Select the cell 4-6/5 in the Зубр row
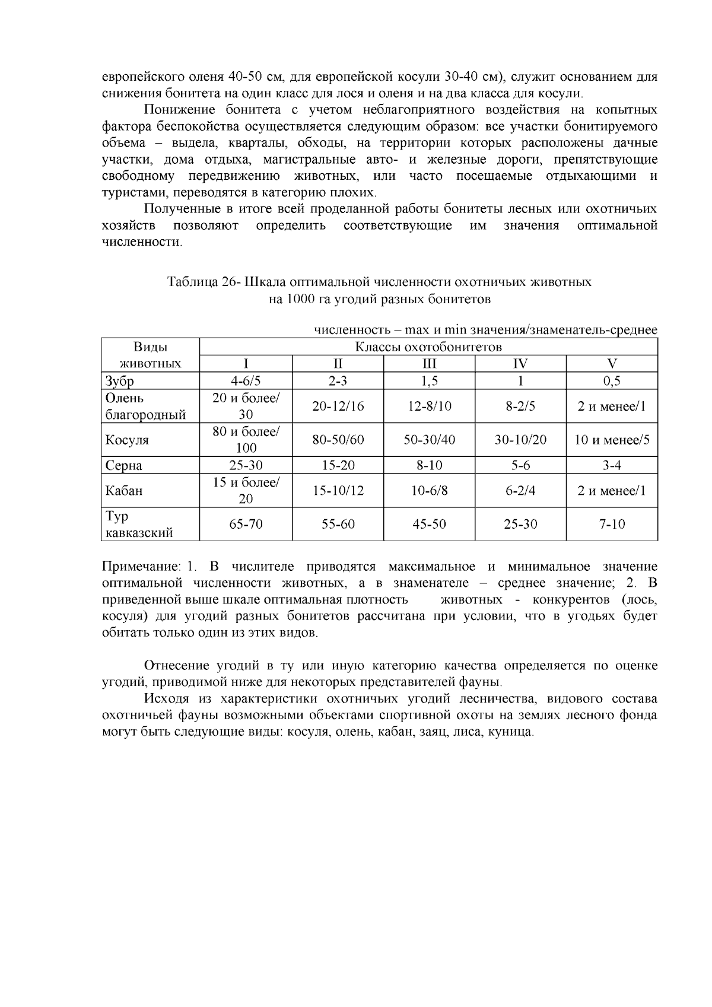(246, 381)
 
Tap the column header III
(429, 364)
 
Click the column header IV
(520, 364)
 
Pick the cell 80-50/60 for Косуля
(338, 440)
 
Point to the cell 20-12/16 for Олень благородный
(338, 406)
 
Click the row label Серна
(123, 465)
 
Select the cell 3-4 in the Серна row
(612, 465)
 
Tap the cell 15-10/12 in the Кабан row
(338, 491)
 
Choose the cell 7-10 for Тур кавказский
(612, 524)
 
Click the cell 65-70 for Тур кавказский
(246, 524)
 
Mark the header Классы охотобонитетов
(428, 347)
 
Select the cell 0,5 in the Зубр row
(612, 381)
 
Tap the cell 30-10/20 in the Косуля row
(520, 440)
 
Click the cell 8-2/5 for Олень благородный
(520, 406)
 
